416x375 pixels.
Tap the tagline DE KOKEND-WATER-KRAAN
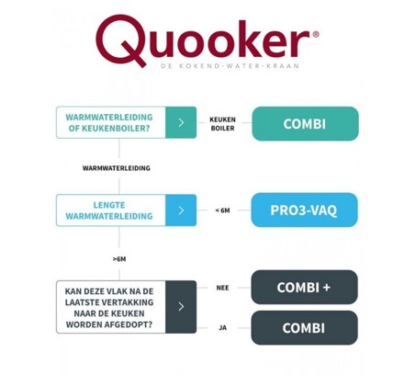(x=230, y=65)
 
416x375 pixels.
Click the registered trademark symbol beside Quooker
(x=316, y=34)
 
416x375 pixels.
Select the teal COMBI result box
(x=305, y=124)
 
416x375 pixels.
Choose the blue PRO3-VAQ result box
(x=304, y=210)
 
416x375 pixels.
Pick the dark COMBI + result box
(x=304, y=287)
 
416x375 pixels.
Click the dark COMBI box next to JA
(x=304, y=328)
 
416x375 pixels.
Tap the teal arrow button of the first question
(x=181, y=122)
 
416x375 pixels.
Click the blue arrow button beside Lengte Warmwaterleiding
(x=181, y=210)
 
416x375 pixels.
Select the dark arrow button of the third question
(x=181, y=307)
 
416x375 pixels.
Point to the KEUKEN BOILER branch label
(x=222, y=124)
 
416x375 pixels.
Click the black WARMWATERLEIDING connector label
(x=117, y=168)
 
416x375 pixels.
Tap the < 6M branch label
(x=222, y=210)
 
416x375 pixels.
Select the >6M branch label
(x=119, y=259)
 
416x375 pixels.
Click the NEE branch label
(x=222, y=288)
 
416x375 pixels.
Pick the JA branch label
(x=222, y=328)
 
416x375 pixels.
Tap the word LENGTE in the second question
(x=109, y=205)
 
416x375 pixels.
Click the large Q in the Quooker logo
(x=119, y=40)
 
